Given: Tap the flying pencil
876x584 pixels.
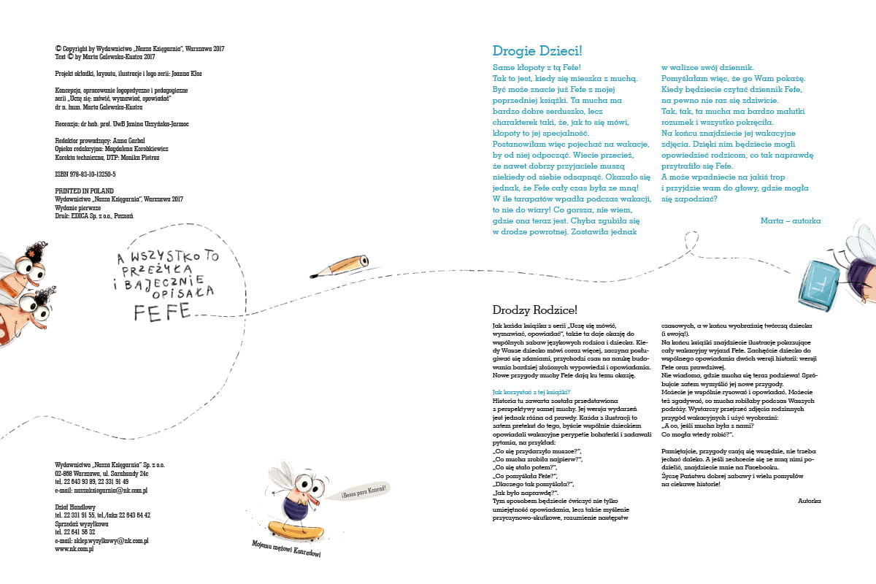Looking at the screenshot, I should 340,266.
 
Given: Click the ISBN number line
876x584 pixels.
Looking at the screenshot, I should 85,174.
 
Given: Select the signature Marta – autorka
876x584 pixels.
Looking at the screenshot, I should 790,220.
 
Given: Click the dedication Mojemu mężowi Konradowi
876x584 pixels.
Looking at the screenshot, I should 286,549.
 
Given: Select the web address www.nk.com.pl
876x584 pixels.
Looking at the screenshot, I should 74,549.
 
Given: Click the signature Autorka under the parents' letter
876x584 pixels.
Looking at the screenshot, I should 809,501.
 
